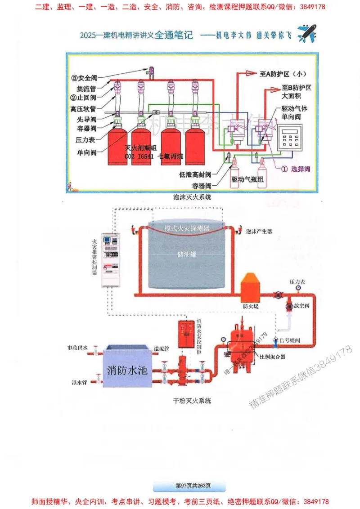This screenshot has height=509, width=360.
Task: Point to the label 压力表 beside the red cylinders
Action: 88,140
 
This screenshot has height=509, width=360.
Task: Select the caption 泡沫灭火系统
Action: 192,196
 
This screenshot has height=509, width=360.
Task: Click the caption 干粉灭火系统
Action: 192,400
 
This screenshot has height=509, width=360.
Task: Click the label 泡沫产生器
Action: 259,232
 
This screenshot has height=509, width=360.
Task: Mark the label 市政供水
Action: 77,348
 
